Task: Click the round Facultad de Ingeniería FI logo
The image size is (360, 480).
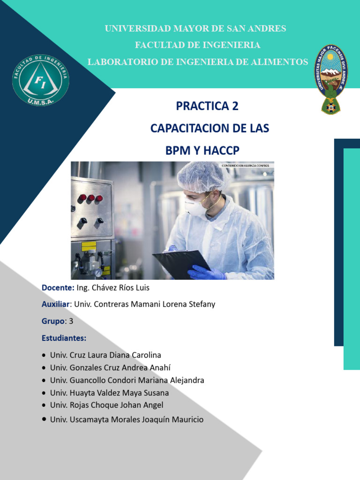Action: click(41, 80)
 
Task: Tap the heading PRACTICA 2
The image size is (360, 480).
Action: click(207, 106)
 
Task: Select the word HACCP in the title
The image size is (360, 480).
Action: click(221, 150)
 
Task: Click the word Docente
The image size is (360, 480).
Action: click(58, 287)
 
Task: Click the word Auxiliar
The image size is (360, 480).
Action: click(56, 304)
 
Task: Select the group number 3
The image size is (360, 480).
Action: click(71, 321)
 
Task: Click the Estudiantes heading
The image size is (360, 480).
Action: click(64, 338)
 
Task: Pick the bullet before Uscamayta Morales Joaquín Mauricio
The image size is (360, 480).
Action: click(44, 419)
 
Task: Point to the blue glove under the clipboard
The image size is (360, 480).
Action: click(206, 273)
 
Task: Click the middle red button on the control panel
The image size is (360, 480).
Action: click(91, 198)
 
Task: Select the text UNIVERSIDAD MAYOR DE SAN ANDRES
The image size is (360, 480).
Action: click(195, 29)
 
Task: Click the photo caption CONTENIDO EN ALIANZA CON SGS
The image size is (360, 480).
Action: click(247, 165)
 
